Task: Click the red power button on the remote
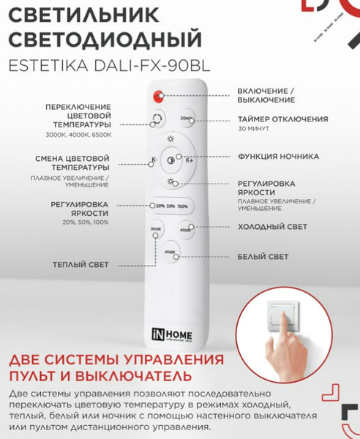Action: pos(157,97)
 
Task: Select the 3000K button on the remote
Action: pos(155,233)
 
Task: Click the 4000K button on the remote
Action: pos(170,253)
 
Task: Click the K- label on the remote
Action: pos(154,160)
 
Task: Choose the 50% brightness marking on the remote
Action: pos(170,206)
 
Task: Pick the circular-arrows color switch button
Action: pos(157,121)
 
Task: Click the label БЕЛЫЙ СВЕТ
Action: pos(263,257)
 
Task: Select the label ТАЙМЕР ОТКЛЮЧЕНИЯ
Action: pos(282,119)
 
